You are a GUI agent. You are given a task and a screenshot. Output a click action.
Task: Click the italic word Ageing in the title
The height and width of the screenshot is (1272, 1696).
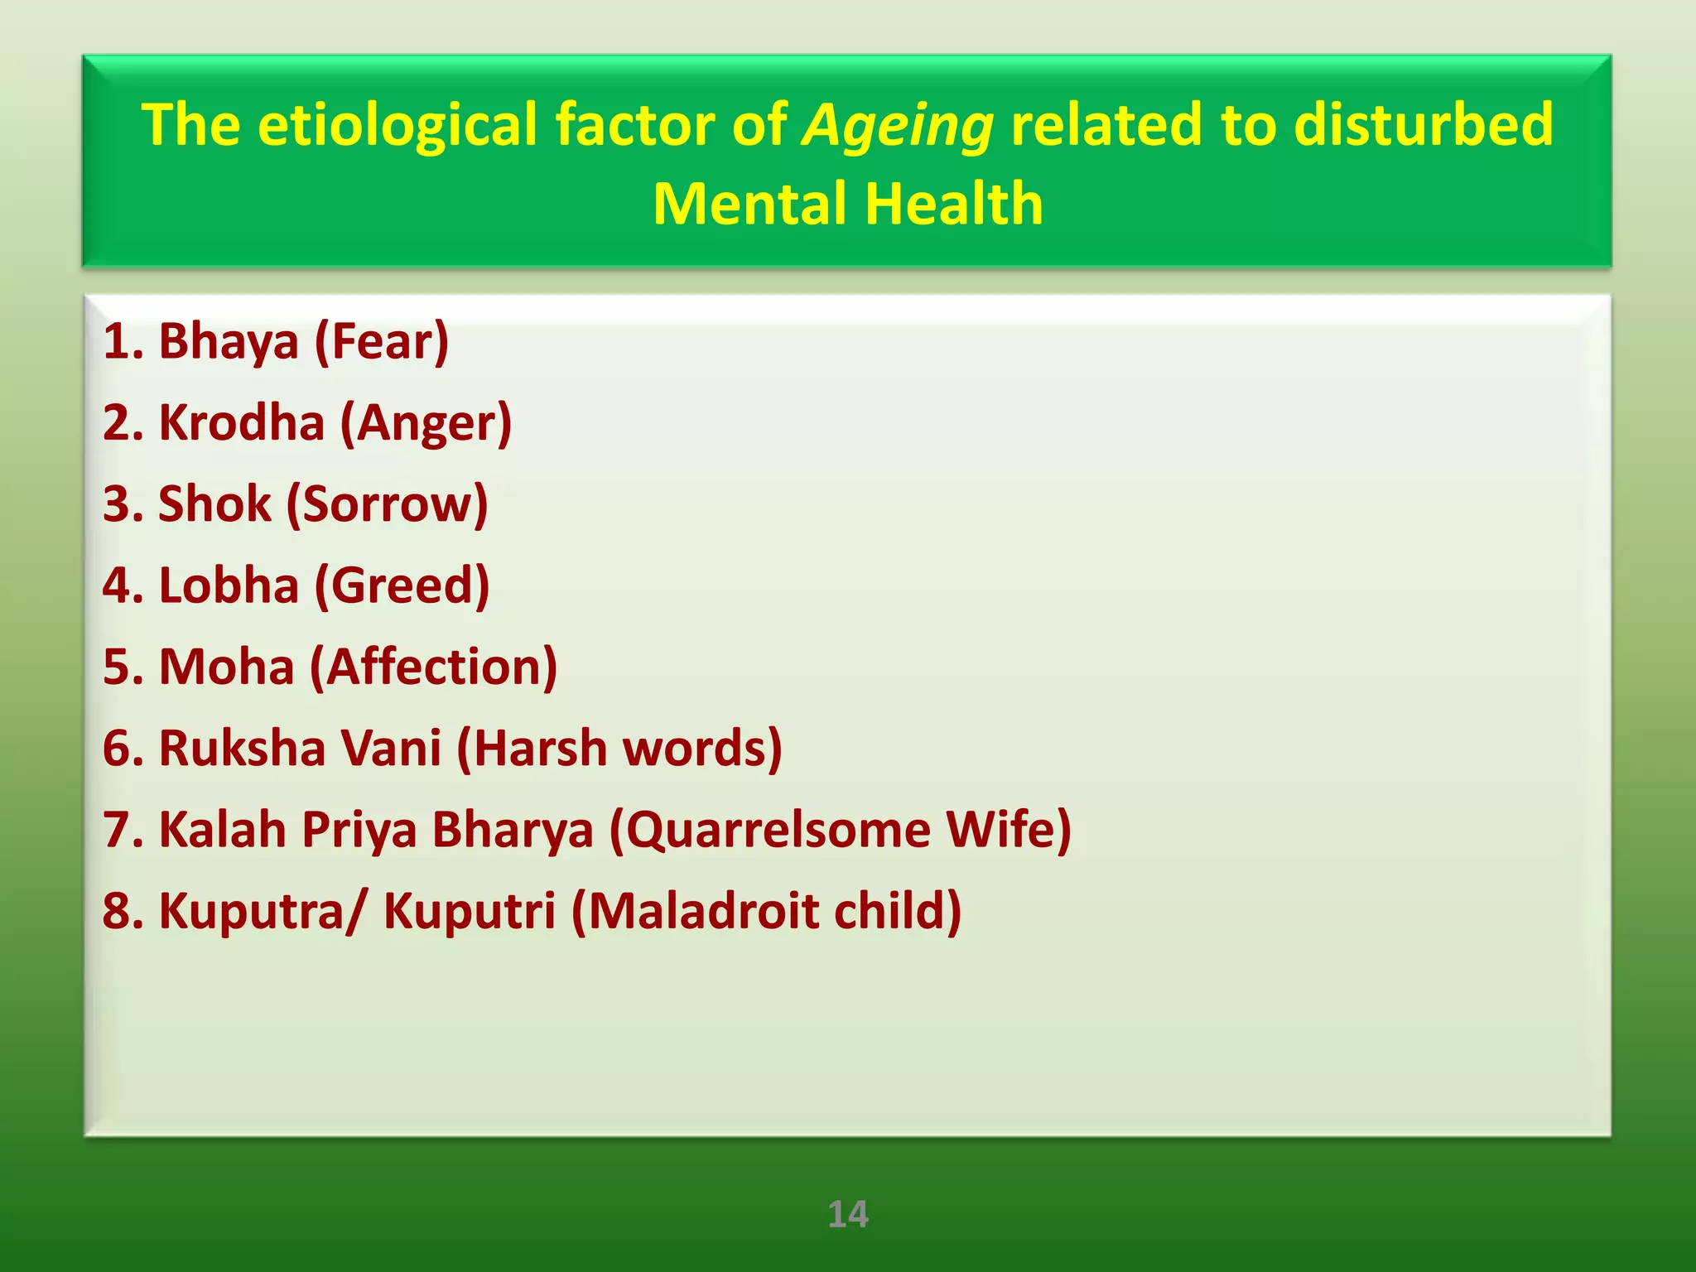tap(898, 126)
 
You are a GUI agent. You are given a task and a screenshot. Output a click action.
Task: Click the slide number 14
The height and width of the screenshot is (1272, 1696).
tap(848, 1214)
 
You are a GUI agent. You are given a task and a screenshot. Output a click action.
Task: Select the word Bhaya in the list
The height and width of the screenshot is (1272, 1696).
tap(228, 341)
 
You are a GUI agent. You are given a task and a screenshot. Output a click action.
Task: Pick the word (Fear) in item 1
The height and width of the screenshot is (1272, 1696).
tap(382, 341)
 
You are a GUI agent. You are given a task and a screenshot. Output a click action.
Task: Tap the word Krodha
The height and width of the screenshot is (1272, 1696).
tap(241, 422)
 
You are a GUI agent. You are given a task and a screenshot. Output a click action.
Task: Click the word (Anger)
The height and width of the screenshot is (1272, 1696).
tap(426, 424)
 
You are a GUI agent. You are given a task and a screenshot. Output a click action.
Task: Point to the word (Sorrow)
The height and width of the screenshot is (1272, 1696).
tap(387, 503)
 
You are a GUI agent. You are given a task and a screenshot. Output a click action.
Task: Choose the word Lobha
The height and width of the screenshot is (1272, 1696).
tap(228, 585)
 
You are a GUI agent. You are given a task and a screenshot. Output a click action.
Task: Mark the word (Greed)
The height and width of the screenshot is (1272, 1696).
tap(402, 586)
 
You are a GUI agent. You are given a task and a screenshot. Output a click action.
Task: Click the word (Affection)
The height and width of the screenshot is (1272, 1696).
tap(433, 667)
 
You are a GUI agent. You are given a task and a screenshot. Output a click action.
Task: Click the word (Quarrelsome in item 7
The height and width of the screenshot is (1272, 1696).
tap(770, 829)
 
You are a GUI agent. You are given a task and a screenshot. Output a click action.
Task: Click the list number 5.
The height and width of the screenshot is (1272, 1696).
tap(117, 667)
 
